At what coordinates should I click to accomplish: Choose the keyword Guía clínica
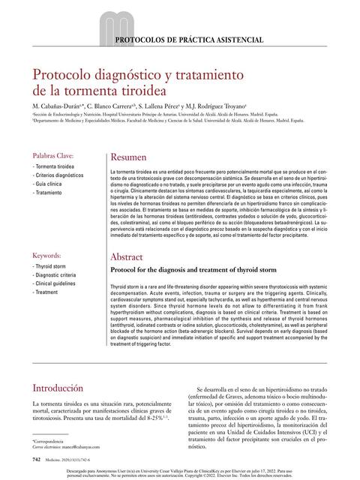(x=47, y=183)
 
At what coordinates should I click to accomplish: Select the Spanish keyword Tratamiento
(x=47, y=193)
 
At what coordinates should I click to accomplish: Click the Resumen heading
(x=128, y=158)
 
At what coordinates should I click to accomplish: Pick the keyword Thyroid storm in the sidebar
(x=52, y=265)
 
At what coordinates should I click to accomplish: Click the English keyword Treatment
(x=46, y=292)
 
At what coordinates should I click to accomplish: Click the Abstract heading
(x=127, y=257)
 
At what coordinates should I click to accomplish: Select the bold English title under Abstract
(x=193, y=269)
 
